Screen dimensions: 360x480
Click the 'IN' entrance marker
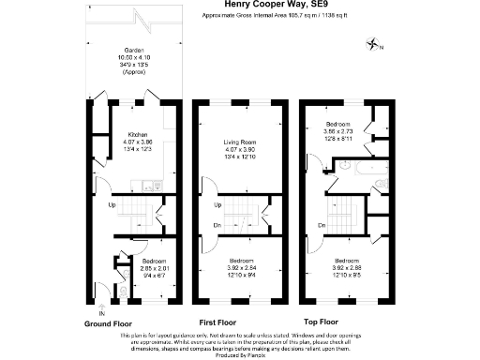[x=101, y=313]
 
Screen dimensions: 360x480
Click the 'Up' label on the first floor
[x=217, y=205]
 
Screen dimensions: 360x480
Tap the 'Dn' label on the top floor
[x=322, y=225]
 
